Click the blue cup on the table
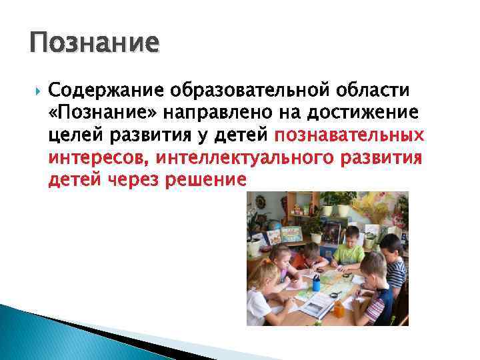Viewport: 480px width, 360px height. coord(316,283)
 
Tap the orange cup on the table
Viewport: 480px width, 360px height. coord(339,308)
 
